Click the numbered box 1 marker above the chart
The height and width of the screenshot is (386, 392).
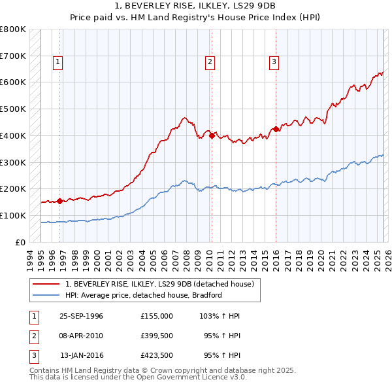[58, 62]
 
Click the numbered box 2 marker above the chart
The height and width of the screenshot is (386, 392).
[210, 62]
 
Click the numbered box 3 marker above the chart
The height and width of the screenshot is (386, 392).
[274, 62]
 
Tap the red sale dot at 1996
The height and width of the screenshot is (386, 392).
[60, 201]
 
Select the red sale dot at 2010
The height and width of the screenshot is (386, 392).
[212, 135]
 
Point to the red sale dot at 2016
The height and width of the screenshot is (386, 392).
[276, 130]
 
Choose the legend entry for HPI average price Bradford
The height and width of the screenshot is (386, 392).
[144, 295]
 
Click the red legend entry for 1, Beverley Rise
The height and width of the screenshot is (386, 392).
[163, 284]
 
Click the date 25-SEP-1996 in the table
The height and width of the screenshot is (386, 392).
[81, 316]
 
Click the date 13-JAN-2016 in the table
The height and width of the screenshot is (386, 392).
[81, 355]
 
